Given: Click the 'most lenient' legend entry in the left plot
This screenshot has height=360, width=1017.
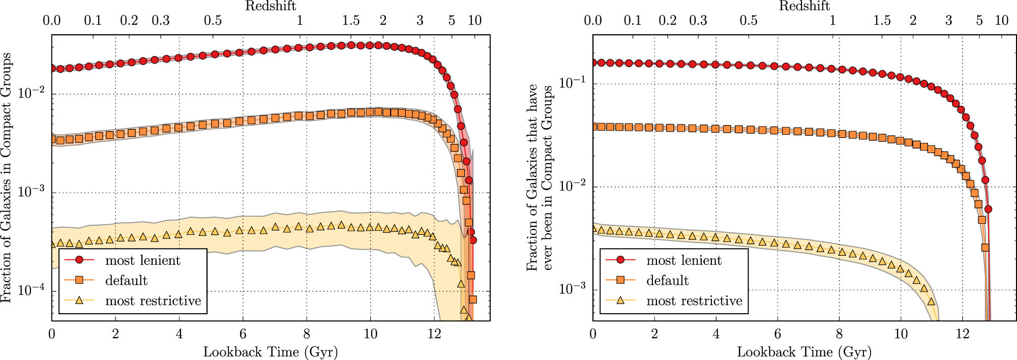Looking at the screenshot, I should pyautogui.click(x=142, y=260).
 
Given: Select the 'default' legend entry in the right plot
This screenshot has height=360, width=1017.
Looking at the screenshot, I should pyautogui.click(x=667, y=281).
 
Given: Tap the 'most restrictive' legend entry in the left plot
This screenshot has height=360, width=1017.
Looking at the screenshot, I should pyautogui.click(x=153, y=301).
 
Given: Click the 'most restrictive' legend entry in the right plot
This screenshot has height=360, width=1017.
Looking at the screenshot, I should pyautogui.click(x=694, y=301).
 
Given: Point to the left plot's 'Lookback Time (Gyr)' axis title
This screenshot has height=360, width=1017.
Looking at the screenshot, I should pyautogui.click(x=271, y=352).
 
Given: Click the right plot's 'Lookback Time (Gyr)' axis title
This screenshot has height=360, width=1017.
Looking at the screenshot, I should pyautogui.click(x=804, y=352).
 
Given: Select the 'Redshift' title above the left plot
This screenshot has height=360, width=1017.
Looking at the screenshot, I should pyautogui.click(x=271, y=6).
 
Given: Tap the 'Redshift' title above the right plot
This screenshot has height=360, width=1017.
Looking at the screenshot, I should pyautogui.click(x=804, y=6).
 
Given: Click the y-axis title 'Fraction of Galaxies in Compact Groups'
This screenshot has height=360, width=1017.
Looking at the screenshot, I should pyautogui.click(x=6, y=178).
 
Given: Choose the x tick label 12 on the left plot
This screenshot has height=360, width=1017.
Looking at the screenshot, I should pyautogui.click(x=434, y=334).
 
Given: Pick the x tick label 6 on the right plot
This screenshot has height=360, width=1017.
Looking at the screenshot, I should pyautogui.click(x=777, y=334).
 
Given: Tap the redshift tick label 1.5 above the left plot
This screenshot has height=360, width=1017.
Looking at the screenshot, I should pyautogui.click(x=351, y=20).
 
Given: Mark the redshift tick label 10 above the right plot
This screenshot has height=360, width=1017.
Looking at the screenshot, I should pyautogui.click(x=1001, y=20).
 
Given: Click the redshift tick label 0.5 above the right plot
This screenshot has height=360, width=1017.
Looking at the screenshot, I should pyautogui.click(x=749, y=20).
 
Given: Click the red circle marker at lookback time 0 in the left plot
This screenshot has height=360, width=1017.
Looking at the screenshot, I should pyautogui.click(x=52, y=68).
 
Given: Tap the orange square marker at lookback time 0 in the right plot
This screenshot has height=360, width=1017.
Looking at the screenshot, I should pyautogui.click(x=593, y=126).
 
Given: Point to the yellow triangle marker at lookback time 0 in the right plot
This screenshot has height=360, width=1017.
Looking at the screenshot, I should pyautogui.click(x=593, y=228).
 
